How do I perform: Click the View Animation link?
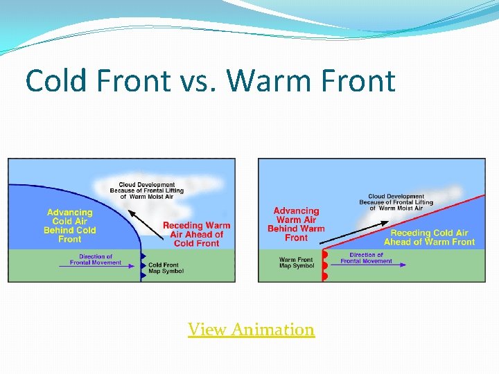coord(251,330)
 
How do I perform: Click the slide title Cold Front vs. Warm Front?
coord(210,81)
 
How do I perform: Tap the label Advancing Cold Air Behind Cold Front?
coord(69,226)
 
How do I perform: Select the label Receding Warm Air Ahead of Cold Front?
coord(196,234)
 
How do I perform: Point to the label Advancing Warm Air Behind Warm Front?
coord(296,224)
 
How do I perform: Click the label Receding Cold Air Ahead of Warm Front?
coord(429,238)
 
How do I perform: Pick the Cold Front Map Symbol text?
coord(166,268)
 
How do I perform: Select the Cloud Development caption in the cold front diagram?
coord(146,190)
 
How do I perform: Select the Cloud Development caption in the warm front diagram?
coord(396,202)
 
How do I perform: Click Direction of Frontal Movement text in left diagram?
coord(96,260)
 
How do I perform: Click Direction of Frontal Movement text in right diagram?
coord(367,258)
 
